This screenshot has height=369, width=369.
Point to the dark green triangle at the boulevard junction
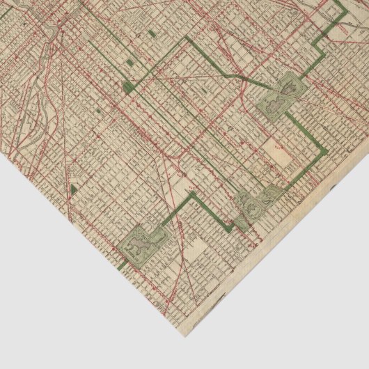(127, 86)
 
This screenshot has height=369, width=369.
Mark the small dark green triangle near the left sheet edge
(73, 189)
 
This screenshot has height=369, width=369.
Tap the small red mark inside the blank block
(277, 148)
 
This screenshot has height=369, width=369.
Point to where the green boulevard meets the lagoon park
(164, 224)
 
